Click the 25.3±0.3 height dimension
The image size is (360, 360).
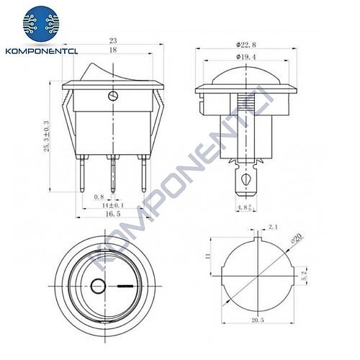48,132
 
